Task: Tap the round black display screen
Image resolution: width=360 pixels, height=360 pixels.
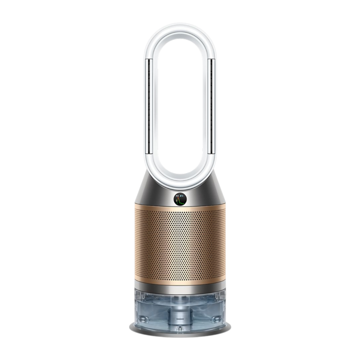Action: pos(180,198)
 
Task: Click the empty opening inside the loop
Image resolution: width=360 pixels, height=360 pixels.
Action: pos(180,108)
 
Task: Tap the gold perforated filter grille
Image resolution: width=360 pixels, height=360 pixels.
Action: pos(180,245)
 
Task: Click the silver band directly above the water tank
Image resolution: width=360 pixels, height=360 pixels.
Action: pos(180,288)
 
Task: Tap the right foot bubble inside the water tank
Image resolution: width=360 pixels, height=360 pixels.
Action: pos(216,319)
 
